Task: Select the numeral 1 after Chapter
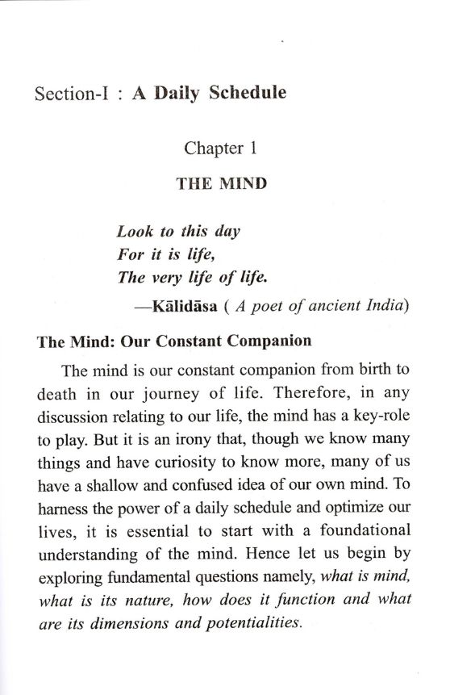(251, 148)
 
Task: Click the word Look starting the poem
(134, 230)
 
